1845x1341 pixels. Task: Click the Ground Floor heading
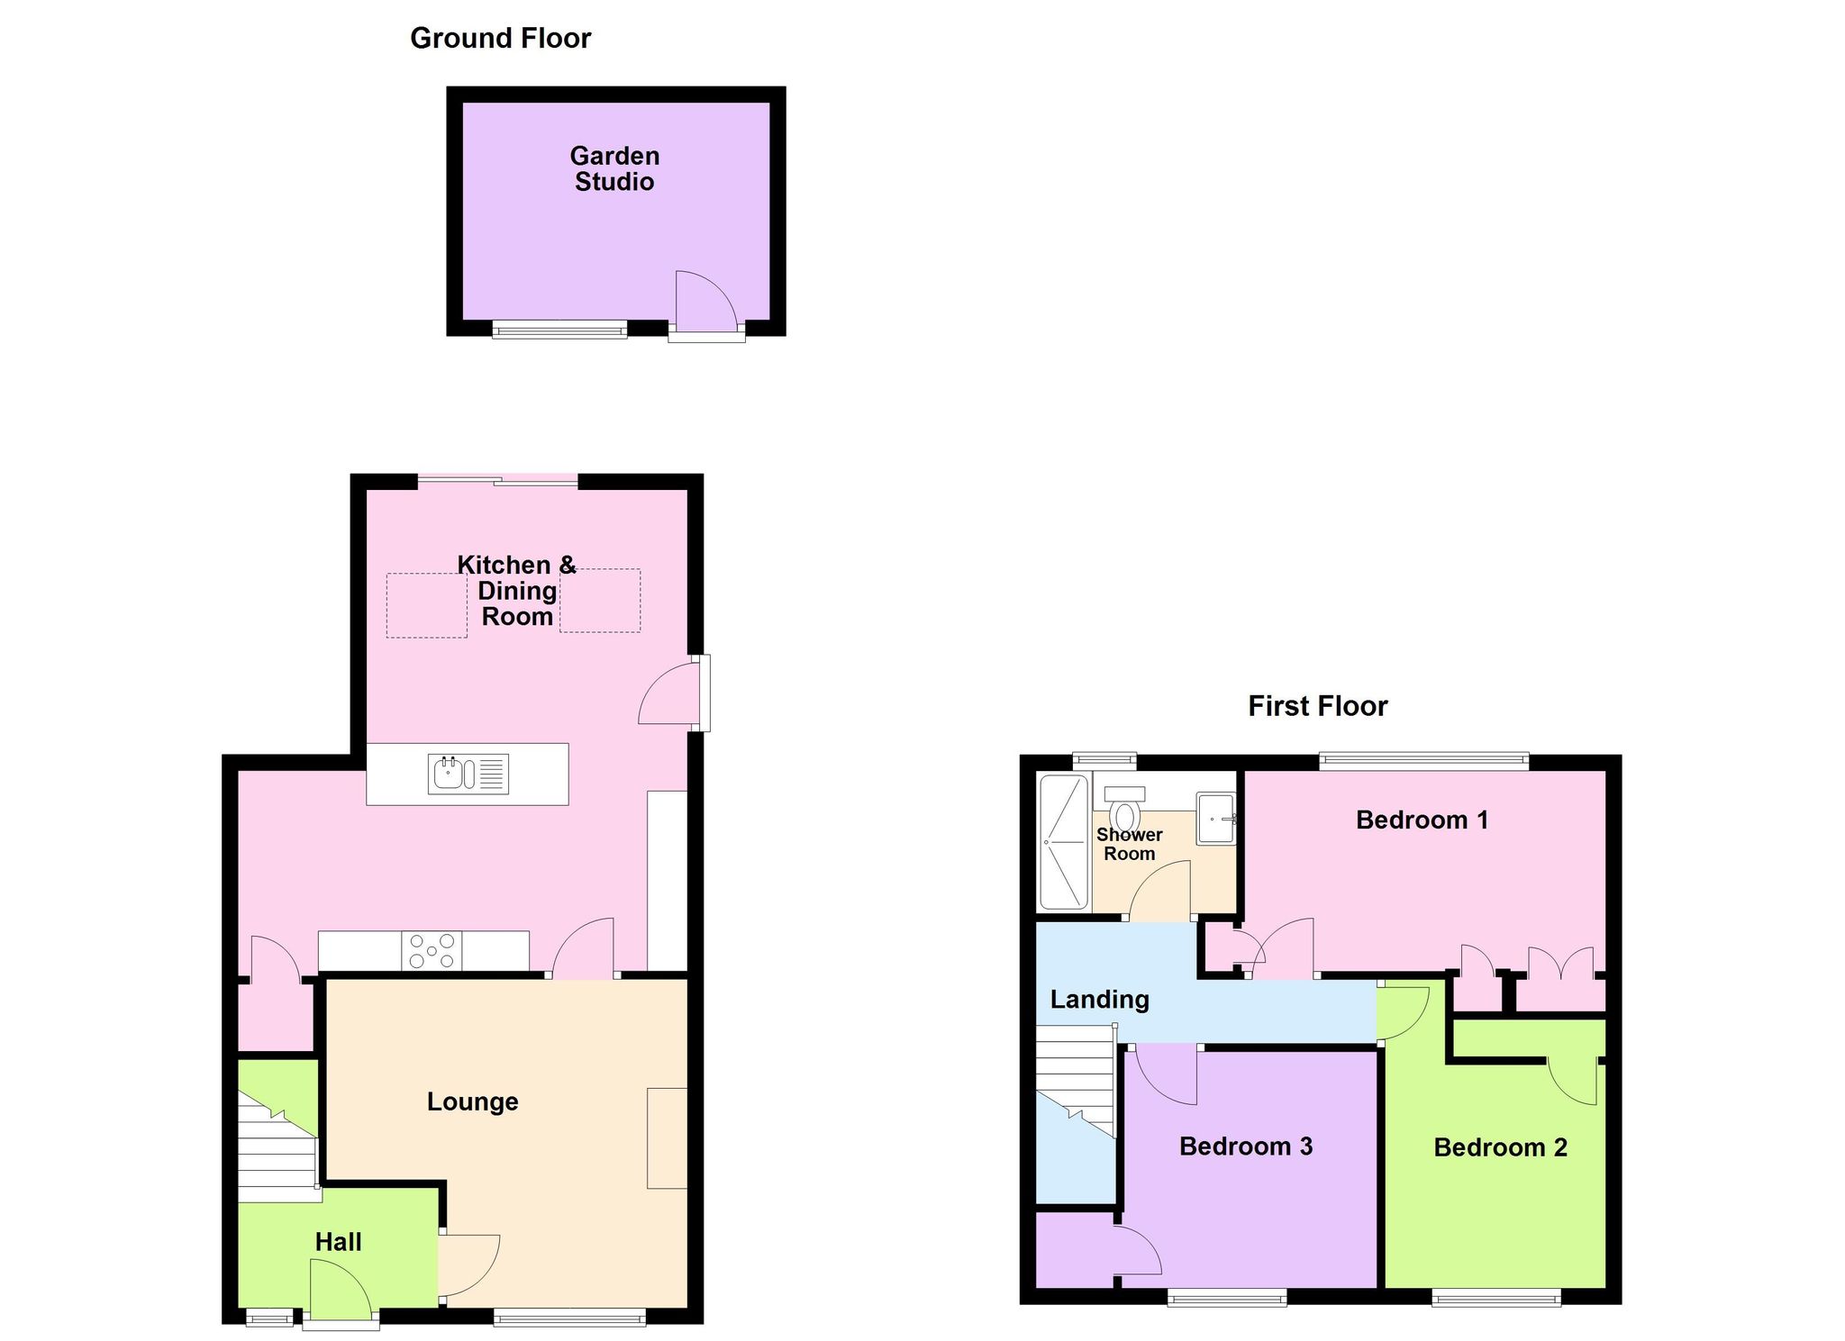click(500, 39)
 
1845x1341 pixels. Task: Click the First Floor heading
click(1317, 706)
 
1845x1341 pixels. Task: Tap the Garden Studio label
click(614, 168)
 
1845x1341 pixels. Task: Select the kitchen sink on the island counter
click(468, 774)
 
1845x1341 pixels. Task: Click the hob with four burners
click(432, 951)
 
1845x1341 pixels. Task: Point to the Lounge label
click(472, 1101)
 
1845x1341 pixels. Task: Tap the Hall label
click(338, 1242)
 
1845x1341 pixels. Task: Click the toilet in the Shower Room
click(1124, 808)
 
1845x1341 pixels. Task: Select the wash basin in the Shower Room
click(1216, 819)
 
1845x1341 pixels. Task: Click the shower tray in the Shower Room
click(1065, 841)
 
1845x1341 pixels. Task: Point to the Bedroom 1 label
click(1422, 820)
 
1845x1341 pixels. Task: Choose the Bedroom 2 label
click(1500, 1147)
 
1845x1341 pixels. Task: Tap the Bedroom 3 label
click(1246, 1146)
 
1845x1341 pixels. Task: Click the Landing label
click(1100, 1000)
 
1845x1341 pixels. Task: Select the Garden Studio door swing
click(706, 302)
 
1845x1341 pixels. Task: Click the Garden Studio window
click(559, 330)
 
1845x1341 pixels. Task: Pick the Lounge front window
click(569, 1317)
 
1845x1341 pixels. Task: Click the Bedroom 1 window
click(1424, 762)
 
